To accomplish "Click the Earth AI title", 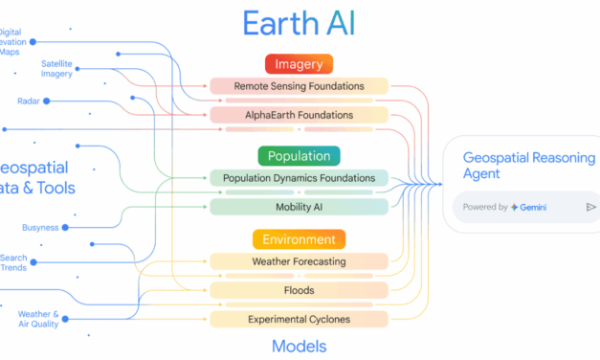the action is [x=299, y=23].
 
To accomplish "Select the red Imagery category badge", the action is [x=299, y=65].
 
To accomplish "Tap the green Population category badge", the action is [x=299, y=156].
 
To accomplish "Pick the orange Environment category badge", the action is [x=299, y=239].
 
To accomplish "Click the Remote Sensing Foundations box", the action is [x=299, y=86].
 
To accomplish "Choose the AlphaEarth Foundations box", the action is [x=299, y=115].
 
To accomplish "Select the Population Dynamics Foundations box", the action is [x=299, y=177].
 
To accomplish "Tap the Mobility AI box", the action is [x=299, y=206].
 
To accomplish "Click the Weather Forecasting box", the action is [x=299, y=261].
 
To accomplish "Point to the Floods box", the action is [x=299, y=290].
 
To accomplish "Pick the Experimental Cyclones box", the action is [x=299, y=319].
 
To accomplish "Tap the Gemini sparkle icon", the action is [x=515, y=207].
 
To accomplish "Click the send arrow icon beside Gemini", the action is [x=590, y=207].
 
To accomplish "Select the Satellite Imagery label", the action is [x=56, y=70].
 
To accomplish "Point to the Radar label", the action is [x=29, y=101].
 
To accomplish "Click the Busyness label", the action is [x=39, y=228].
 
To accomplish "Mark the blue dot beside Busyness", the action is [x=66, y=228].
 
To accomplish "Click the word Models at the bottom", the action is [x=299, y=346].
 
